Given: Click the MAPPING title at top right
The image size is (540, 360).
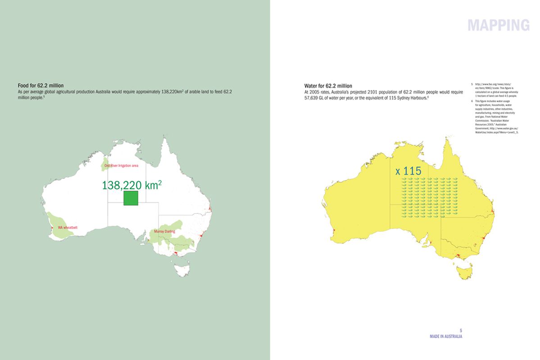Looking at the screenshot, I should coord(499,25).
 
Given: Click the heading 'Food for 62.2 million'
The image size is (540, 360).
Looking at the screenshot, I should coord(41,85).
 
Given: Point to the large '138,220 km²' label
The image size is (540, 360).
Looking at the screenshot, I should coord(132,185).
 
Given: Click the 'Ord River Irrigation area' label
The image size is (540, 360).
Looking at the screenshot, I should coord(121,166).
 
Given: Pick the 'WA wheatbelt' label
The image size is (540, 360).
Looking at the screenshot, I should coord(68,228).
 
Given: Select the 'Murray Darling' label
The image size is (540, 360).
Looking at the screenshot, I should coord(164,231).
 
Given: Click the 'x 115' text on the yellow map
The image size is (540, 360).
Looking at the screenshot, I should coord(408,171).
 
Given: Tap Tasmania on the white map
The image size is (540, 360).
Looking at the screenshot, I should coord(182,270).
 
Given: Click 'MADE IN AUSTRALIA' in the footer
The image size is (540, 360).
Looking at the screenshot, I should coord(446,336).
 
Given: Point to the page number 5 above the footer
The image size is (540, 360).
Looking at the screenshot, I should coord(461,331).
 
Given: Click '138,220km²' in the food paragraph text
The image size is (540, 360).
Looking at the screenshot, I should coord(175,92).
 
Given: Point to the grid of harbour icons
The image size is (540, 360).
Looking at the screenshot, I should coord(429,195).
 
